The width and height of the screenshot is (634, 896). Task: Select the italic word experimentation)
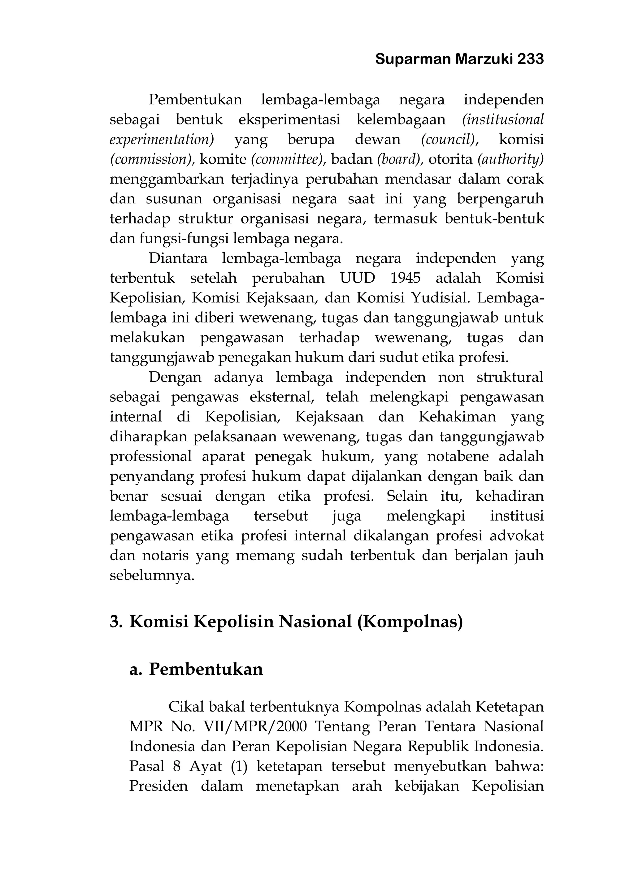click(162, 139)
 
